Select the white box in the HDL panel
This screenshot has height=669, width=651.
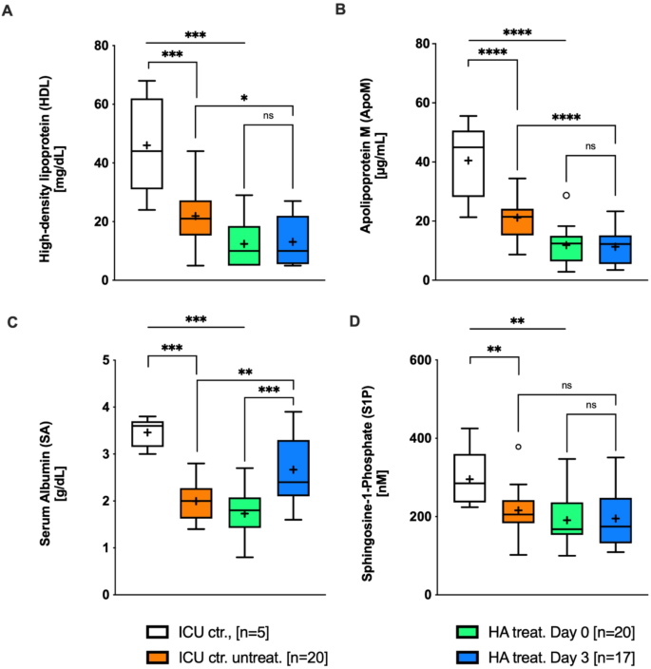click(146, 143)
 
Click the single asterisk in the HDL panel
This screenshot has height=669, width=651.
click(244, 98)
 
